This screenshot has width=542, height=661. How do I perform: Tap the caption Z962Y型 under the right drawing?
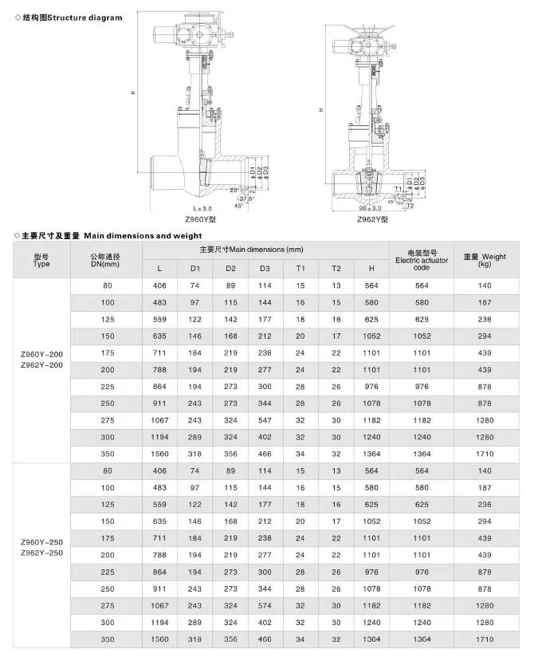pos(371,218)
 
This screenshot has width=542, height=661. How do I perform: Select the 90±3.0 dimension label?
pos(371,207)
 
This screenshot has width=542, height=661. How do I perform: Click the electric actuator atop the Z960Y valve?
pos(192,34)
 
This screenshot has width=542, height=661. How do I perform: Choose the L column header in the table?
pos(159,269)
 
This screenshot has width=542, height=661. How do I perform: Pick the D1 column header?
pos(195,269)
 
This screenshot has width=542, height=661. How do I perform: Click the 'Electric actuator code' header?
pos(422,260)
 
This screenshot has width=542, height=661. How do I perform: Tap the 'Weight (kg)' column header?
pos(485,260)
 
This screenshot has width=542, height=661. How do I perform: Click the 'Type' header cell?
pos(41,260)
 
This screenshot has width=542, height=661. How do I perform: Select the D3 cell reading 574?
pos(265,605)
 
